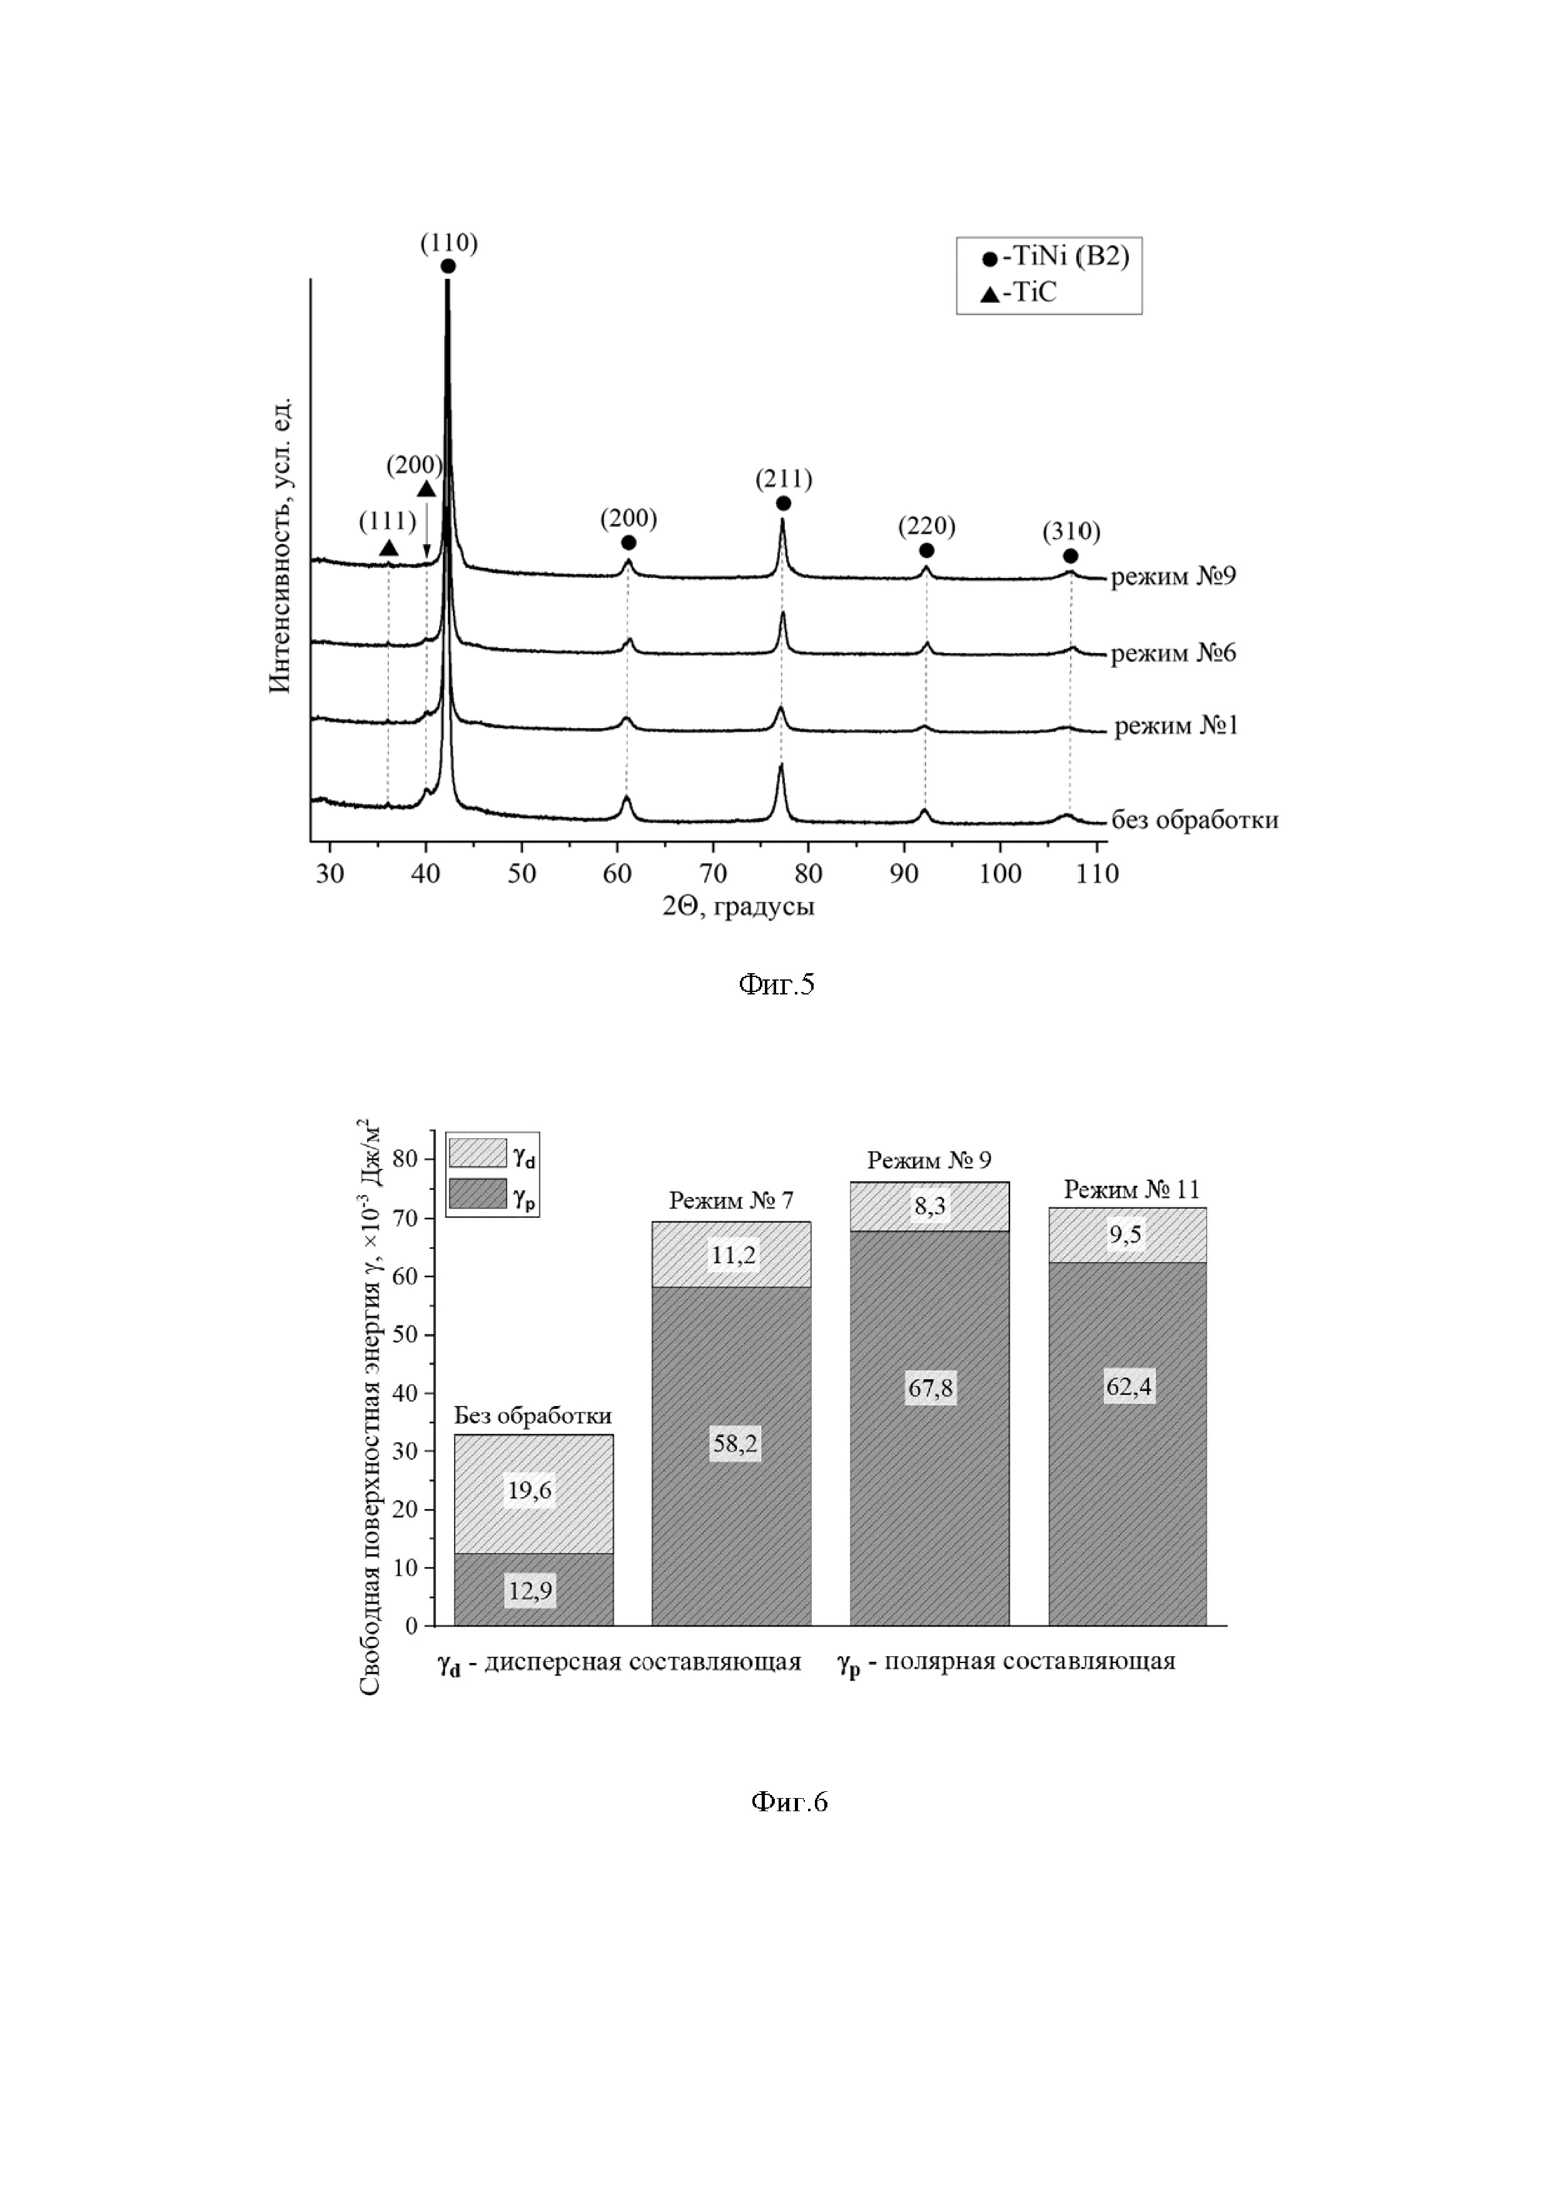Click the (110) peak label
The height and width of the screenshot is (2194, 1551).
[x=448, y=243]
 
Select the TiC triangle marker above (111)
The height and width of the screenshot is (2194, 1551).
[x=388, y=547]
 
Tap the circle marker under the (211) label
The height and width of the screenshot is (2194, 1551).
[x=784, y=503]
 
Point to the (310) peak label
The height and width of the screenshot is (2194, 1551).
[x=1071, y=531]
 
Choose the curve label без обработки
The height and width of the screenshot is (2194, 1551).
[x=1194, y=820]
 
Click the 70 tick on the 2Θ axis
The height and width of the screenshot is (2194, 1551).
[x=713, y=872]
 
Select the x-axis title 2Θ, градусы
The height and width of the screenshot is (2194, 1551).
[x=738, y=906]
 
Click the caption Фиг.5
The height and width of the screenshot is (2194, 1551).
[x=776, y=984]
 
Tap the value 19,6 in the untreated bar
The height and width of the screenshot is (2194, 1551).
[x=530, y=1490]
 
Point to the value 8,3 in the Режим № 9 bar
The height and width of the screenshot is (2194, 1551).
[x=930, y=1206]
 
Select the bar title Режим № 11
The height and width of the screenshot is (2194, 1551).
[x=1131, y=1190]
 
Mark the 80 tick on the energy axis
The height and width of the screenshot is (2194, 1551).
[x=405, y=1159]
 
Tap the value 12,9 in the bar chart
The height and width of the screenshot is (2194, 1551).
[x=530, y=1591]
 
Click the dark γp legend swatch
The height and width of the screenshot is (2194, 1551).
[x=477, y=1195]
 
